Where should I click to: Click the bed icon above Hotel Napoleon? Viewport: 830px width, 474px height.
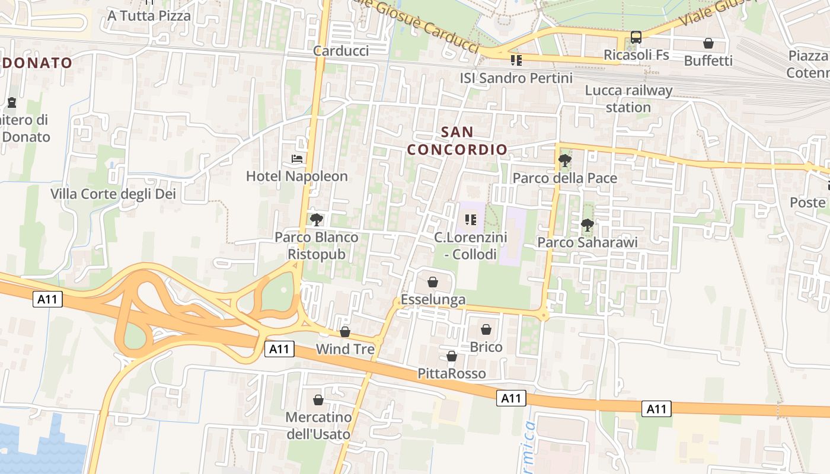[297, 159]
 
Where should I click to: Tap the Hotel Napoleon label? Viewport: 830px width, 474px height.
[297, 177]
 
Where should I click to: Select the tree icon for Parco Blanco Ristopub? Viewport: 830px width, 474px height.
[317, 220]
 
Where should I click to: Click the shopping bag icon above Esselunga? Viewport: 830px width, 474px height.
[433, 282]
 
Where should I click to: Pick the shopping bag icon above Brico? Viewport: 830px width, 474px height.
[486, 329]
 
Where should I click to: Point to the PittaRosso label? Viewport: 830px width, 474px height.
[452, 373]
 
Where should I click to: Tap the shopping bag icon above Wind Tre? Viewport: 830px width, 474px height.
[345, 332]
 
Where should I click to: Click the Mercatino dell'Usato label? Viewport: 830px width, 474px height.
[319, 425]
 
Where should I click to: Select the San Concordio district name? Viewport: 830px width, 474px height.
[458, 140]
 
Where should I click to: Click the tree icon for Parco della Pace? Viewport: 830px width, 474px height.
[565, 160]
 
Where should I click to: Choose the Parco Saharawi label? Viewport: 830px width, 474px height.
[588, 242]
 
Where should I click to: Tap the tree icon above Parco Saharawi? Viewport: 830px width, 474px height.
[588, 225]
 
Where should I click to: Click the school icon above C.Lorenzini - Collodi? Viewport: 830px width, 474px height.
[471, 220]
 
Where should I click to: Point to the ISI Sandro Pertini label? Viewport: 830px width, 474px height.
[516, 78]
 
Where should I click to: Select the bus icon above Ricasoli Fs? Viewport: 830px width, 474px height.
[636, 37]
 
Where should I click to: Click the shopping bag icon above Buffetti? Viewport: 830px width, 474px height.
[708, 43]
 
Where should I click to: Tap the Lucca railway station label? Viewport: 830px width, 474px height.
[628, 99]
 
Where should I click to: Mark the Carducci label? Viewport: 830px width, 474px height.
[341, 50]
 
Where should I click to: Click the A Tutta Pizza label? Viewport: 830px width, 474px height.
[149, 15]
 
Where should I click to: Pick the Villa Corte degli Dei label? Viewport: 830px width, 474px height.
[113, 194]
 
